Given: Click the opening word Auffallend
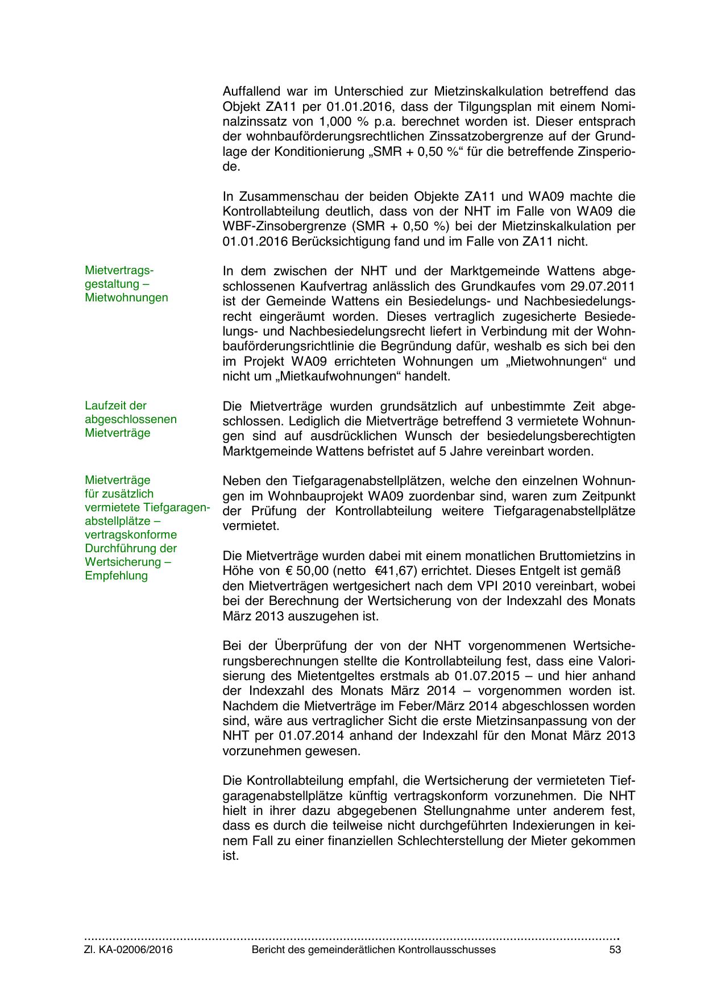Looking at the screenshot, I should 252,92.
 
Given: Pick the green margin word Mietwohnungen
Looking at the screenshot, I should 126,297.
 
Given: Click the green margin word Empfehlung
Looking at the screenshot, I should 116,575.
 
